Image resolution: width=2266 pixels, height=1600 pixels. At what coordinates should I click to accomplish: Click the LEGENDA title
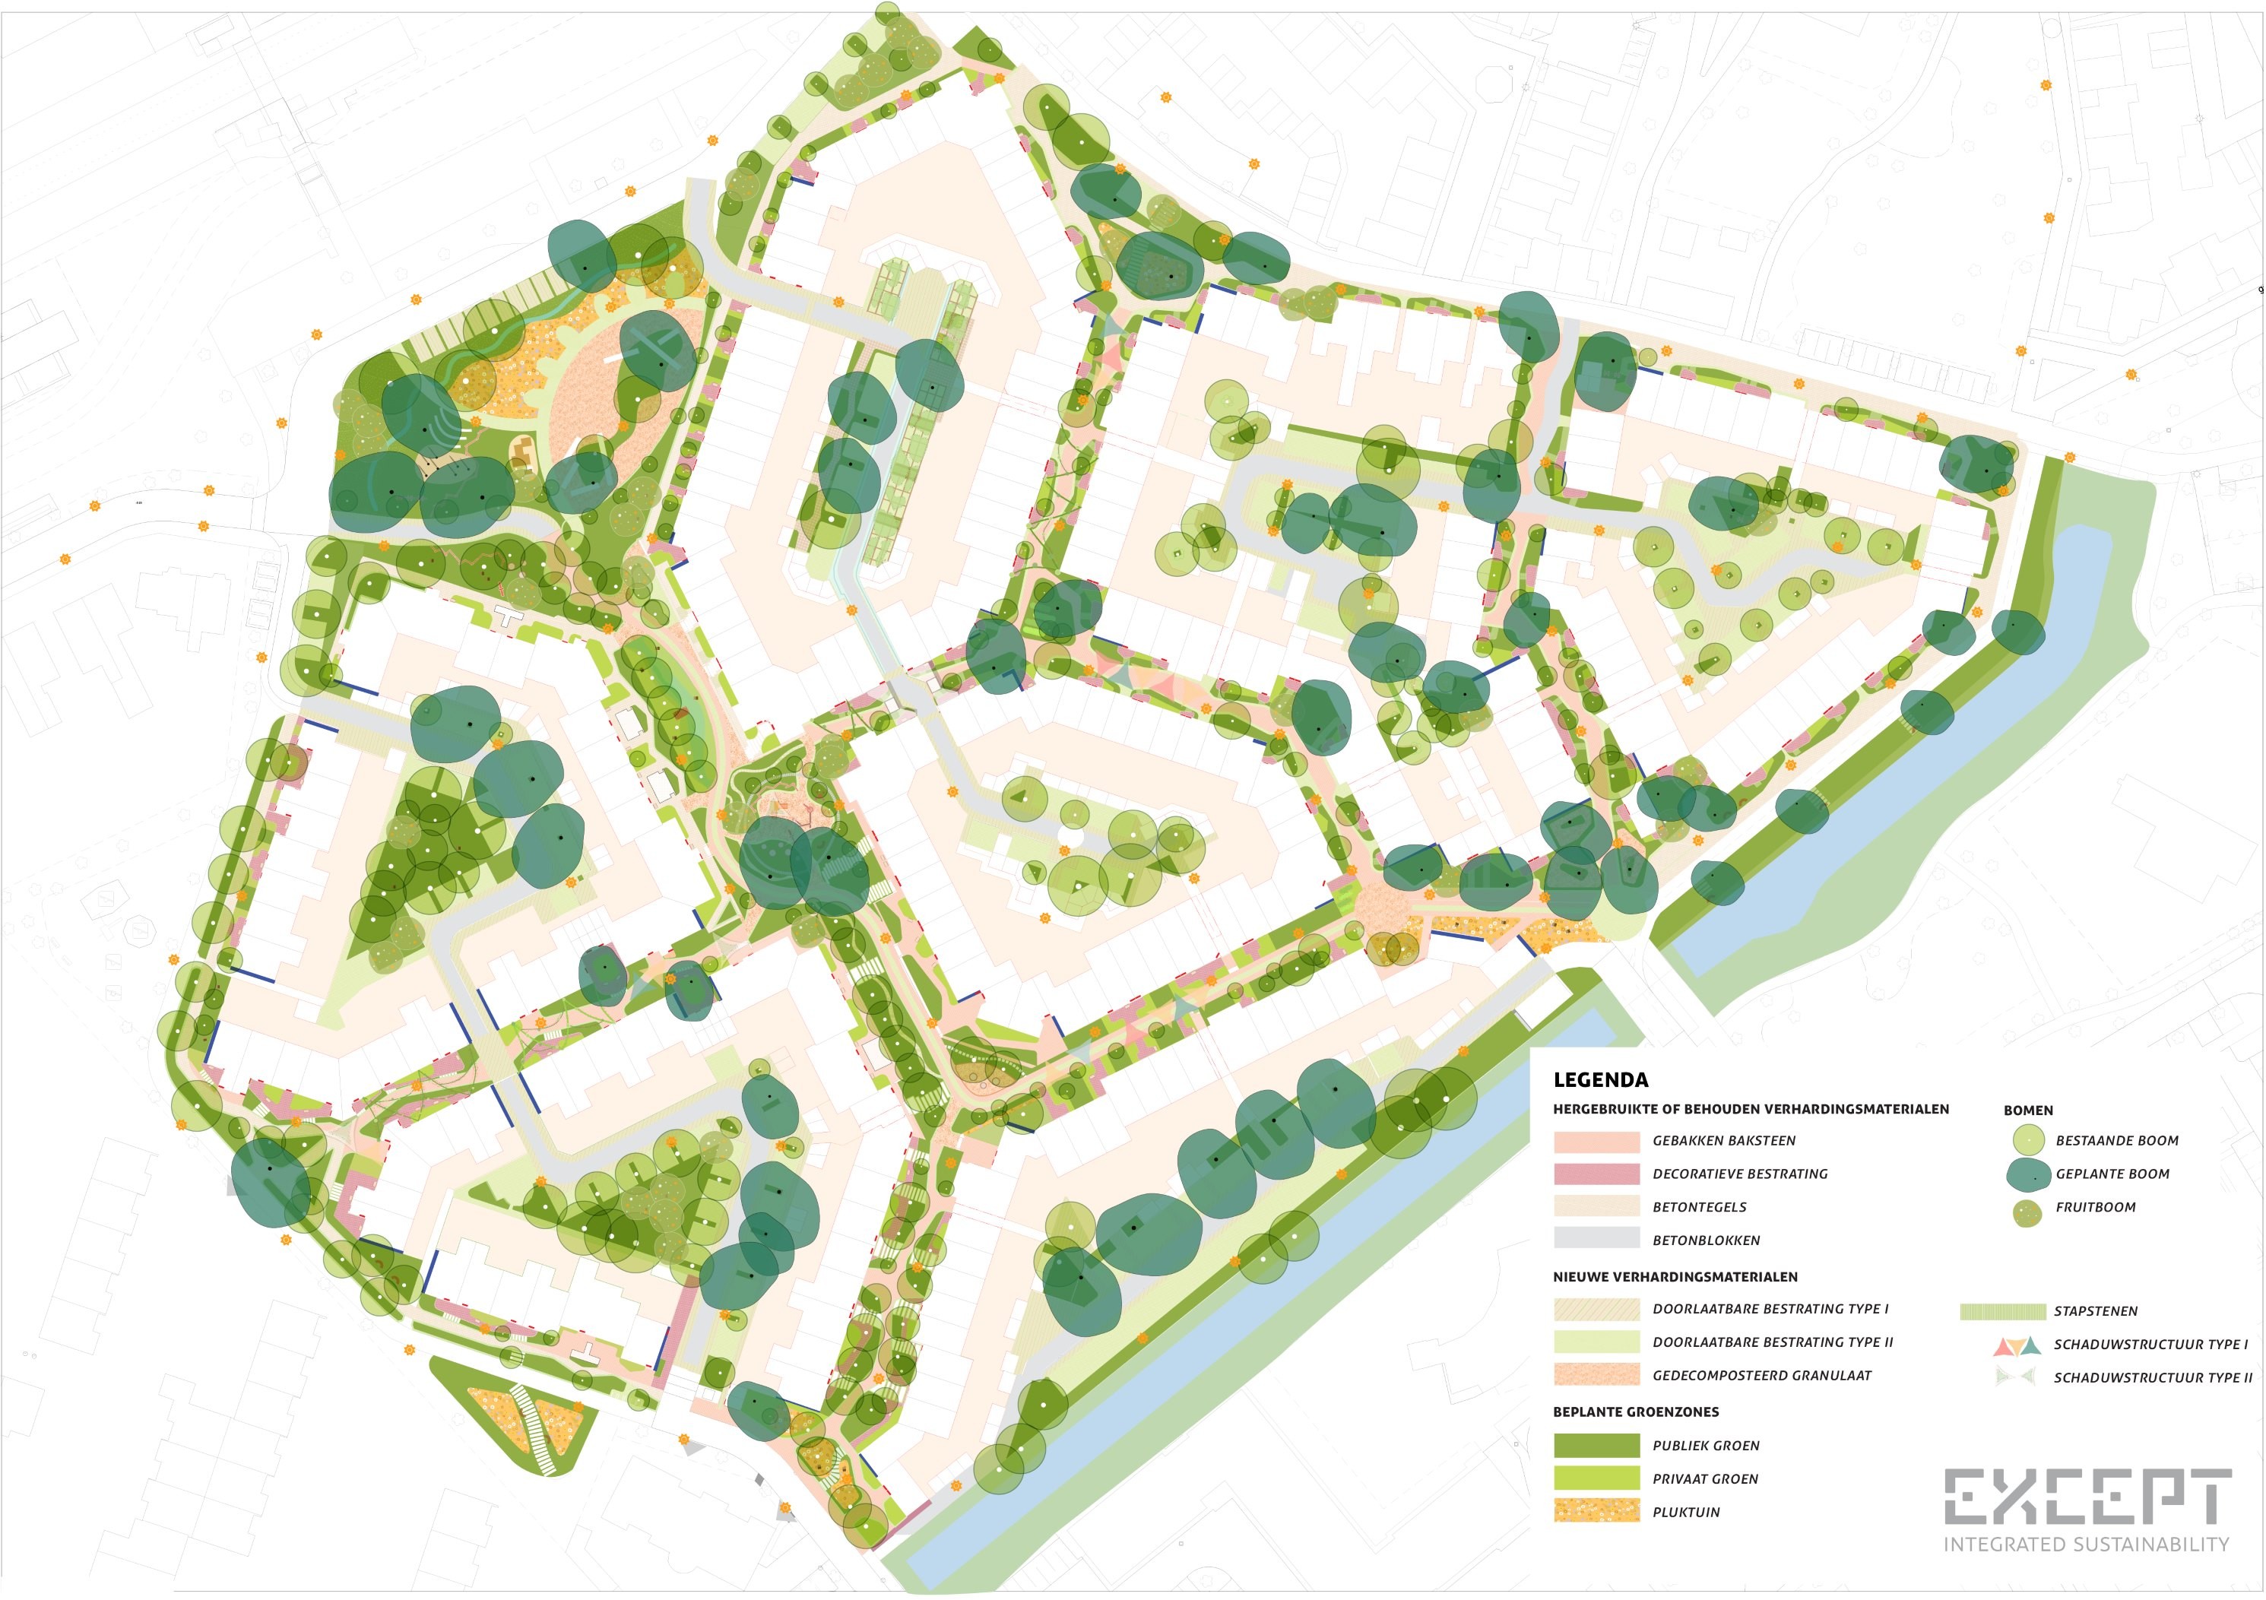click(1600, 1080)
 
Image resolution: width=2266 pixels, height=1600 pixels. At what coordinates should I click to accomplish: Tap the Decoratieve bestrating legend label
click(1740, 1174)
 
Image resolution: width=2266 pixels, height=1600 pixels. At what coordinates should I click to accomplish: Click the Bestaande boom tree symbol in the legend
click(2027, 1140)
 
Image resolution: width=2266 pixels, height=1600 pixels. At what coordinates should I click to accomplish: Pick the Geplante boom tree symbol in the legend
click(2027, 1174)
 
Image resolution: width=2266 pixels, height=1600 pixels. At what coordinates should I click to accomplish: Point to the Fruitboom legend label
click(2095, 1207)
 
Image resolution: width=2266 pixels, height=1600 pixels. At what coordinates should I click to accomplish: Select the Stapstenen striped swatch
click(2002, 1311)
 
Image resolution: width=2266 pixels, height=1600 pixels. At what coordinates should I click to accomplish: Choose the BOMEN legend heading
click(2027, 1110)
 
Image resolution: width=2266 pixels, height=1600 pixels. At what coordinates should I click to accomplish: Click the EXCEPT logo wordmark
click(2087, 1497)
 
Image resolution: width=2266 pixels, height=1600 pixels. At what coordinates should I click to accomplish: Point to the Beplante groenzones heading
click(1634, 1411)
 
